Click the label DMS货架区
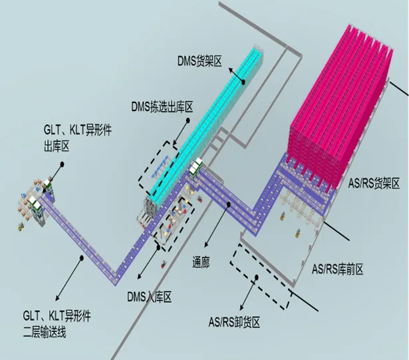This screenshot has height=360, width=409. pyautogui.click(x=200, y=61)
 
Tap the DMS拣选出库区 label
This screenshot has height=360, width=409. pyautogui.click(x=162, y=107)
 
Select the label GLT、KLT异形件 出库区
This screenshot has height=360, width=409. pyautogui.click(x=77, y=138)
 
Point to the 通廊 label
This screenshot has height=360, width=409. pyautogui.click(x=201, y=262)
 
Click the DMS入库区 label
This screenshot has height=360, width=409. pyautogui.click(x=150, y=297)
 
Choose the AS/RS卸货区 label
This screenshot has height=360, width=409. pyautogui.click(x=234, y=322)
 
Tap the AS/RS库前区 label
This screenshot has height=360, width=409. pyautogui.click(x=338, y=269)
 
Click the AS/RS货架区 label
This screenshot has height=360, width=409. pyautogui.click(x=374, y=183)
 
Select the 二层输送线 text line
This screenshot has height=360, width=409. pyautogui.click(x=45, y=332)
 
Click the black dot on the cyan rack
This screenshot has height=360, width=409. pyautogui.click(x=243, y=83)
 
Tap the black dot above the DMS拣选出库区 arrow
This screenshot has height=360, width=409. pyautogui.click(x=188, y=120)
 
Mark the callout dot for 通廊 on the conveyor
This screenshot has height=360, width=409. pyautogui.click(x=229, y=204)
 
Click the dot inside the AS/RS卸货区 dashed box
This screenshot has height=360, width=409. pyautogui.click(x=257, y=277)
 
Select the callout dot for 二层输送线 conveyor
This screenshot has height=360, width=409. pyautogui.click(x=82, y=258)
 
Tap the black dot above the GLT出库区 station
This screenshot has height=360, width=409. pyautogui.click(x=62, y=164)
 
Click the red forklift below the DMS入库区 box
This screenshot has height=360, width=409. pyautogui.click(x=164, y=264)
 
